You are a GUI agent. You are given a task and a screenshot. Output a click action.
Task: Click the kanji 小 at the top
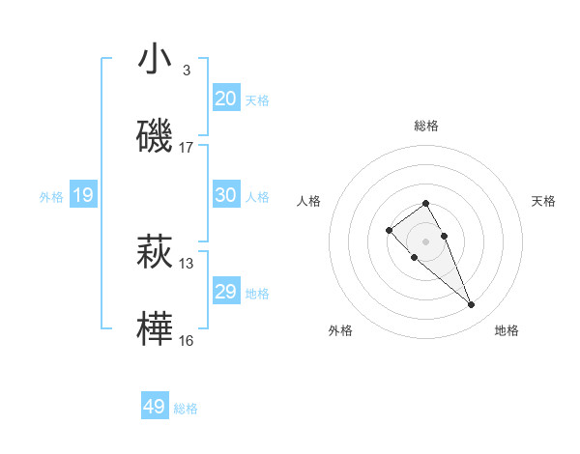tap(155, 60)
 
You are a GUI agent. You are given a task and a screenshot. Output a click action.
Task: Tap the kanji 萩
tap(155, 253)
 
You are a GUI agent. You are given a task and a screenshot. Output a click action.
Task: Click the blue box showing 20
tap(226, 98)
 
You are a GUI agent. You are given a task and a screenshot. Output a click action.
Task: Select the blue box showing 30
tap(226, 195)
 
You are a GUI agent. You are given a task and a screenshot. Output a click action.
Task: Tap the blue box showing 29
tap(226, 292)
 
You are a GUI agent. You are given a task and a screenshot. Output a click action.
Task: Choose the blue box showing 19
tap(82, 195)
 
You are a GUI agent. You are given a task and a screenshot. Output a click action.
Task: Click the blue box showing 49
tap(155, 407)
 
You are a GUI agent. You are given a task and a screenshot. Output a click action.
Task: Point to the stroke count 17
tap(187, 148)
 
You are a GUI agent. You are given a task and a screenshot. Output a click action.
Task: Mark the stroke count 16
tap(187, 341)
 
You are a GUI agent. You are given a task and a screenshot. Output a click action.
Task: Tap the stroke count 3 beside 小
tap(186, 71)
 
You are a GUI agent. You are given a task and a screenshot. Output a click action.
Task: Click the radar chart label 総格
tap(425, 126)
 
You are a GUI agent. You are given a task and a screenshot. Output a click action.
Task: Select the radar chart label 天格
tap(543, 201)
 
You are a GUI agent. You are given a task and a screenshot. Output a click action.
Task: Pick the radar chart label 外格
tap(340, 330)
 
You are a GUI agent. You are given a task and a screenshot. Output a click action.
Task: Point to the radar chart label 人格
tap(308, 201)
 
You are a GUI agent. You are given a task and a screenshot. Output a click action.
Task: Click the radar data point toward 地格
tap(472, 305)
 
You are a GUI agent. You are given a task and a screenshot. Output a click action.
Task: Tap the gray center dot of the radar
tap(425, 241)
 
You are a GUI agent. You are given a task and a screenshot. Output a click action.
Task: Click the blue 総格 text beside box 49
tap(186, 409)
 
